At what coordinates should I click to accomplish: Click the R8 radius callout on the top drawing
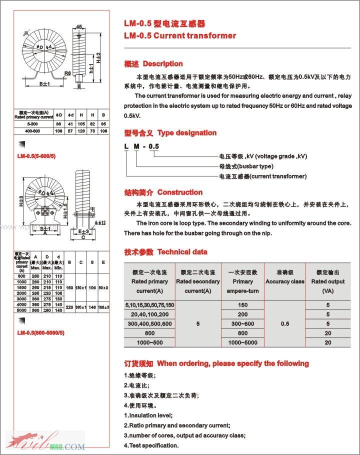coord(67,73)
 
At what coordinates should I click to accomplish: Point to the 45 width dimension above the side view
coord(79,26)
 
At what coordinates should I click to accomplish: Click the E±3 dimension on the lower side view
coord(82,231)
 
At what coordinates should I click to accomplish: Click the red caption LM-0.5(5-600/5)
coord(37,155)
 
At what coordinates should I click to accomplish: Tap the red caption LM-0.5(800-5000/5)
coord(40,332)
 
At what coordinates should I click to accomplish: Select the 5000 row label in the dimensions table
coord(21,310)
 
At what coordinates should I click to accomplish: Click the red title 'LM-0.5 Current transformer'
coord(179,35)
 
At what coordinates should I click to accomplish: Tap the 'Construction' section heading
coord(179,192)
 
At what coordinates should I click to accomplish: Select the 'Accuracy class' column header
coord(285,281)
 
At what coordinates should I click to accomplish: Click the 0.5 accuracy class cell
coord(285,324)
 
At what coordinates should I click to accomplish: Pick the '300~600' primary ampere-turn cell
coord(242,324)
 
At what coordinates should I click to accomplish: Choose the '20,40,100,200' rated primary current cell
coord(149,314)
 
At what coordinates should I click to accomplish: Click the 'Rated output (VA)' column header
coord(328,281)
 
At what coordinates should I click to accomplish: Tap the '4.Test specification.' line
coord(151,445)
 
